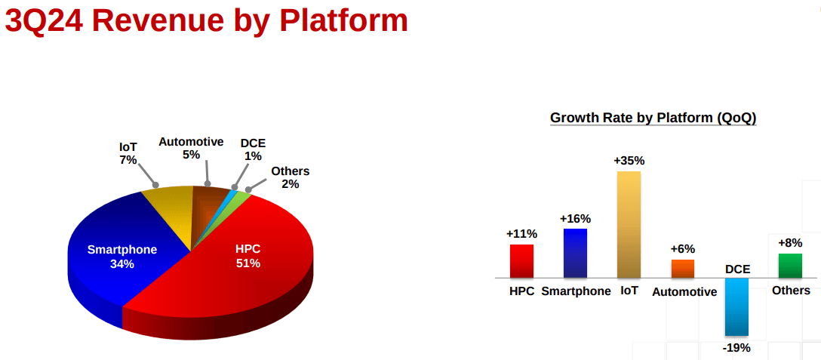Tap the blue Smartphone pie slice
coord(126,251)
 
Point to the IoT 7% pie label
coord(128,153)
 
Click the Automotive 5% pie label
coord(191,148)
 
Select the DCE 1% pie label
coord(253,149)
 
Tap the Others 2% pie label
coord(290,177)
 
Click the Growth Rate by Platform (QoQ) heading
coord(653,118)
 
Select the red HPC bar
coord(521,261)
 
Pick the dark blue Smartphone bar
coord(576,253)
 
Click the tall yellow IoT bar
coord(629,224)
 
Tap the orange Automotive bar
coord(683,269)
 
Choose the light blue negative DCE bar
coord(736,306)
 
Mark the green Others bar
coord(790,266)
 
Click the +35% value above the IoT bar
coord(629,160)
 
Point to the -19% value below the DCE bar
coord(737,347)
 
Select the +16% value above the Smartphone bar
coord(576,218)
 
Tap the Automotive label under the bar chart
coord(684,292)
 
